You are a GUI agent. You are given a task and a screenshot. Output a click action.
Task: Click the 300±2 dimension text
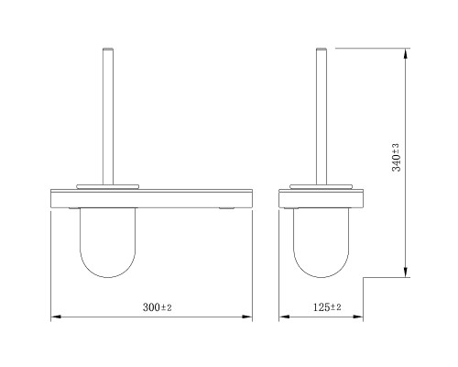[158, 307]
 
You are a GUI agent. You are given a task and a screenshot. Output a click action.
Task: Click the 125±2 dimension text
[327, 307]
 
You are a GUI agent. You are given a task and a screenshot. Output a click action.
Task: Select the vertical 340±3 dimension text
[396, 158]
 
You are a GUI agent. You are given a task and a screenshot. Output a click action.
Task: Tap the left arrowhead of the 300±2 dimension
[56, 317]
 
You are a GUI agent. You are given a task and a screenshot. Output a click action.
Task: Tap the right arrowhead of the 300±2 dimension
[247, 317]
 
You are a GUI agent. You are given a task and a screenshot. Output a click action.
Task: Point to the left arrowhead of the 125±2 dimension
[284, 317]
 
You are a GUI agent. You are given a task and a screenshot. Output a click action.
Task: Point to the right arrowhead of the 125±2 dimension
[358, 317]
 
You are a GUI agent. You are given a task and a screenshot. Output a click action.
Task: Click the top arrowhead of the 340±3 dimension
[405, 53]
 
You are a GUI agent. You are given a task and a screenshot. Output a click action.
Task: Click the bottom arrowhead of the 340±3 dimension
[405, 272]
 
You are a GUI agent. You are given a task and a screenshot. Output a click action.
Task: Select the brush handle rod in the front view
[108, 117]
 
